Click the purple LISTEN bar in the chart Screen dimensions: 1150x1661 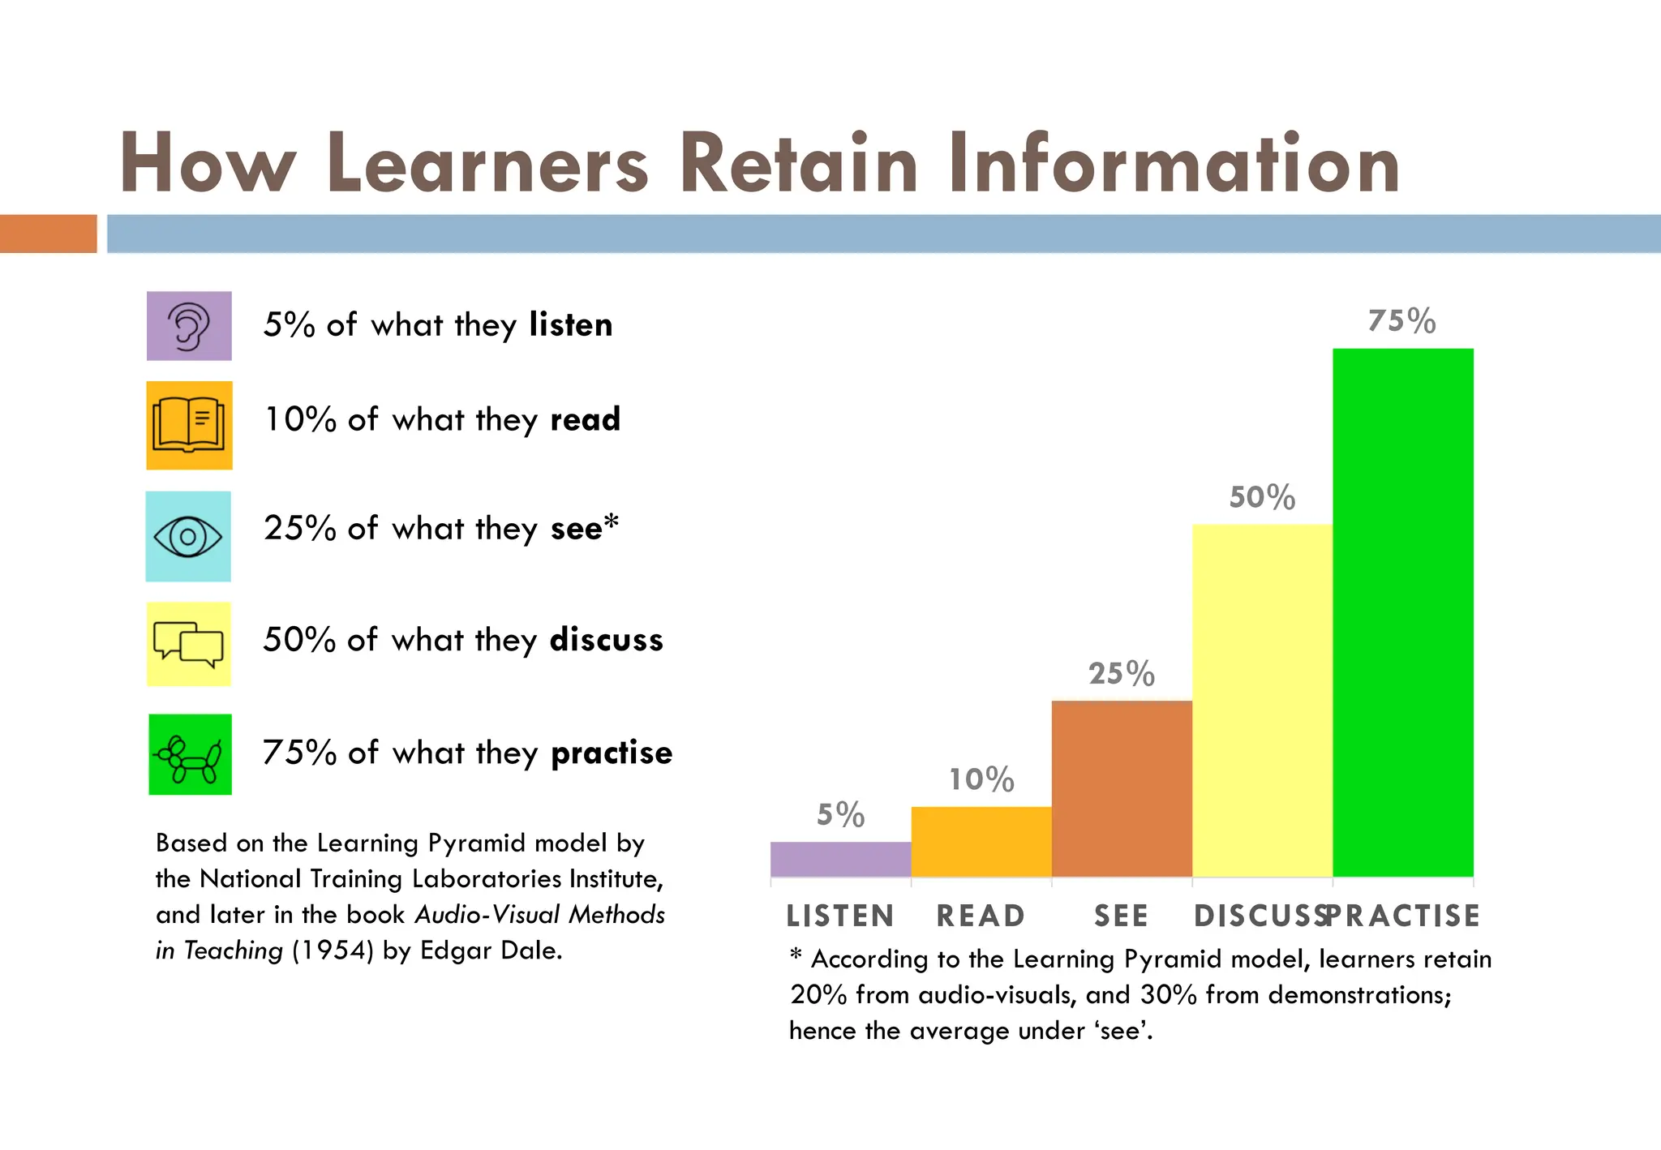pyautogui.click(x=840, y=859)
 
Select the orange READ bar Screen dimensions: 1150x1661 pyautogui.click(x=981, y=841)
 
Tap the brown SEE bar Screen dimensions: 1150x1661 pyautogui.click(x=1122, y=788)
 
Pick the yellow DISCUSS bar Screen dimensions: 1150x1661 pyautogui.click(x=1262, y=700)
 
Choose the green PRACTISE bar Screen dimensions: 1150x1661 pyautogui.click(x=1403, y=612)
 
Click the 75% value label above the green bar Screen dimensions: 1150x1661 pyautogui.click(x=1401, y=321)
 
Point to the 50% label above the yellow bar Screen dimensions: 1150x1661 pyautogui.click(x=1262, y=497)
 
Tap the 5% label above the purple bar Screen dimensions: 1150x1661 pyautogui.click(x=840, y=814)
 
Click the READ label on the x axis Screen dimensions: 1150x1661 pyautogui.click(x=981, y=916)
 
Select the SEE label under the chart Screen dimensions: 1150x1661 pyautogui.click(x=1121, y=916)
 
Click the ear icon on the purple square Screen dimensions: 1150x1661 pyautogui.click(x=189, y=326)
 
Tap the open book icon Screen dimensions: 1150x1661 pyautogui.click(x=189, y=425)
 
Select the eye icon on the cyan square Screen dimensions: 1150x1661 pyautogui.click(x=188, y=536)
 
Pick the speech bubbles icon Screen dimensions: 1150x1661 pyautogui.click(x=189, y=645)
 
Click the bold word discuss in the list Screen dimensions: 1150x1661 pyautogui.click(x=606, y=640)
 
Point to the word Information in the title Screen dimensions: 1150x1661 pyautogui.click(x=1174, y=165)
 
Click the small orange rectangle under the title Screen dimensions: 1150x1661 pyautogui.click(x=48, y=234)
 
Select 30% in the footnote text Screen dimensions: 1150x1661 pyautogui.click(x=1168, y=995)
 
